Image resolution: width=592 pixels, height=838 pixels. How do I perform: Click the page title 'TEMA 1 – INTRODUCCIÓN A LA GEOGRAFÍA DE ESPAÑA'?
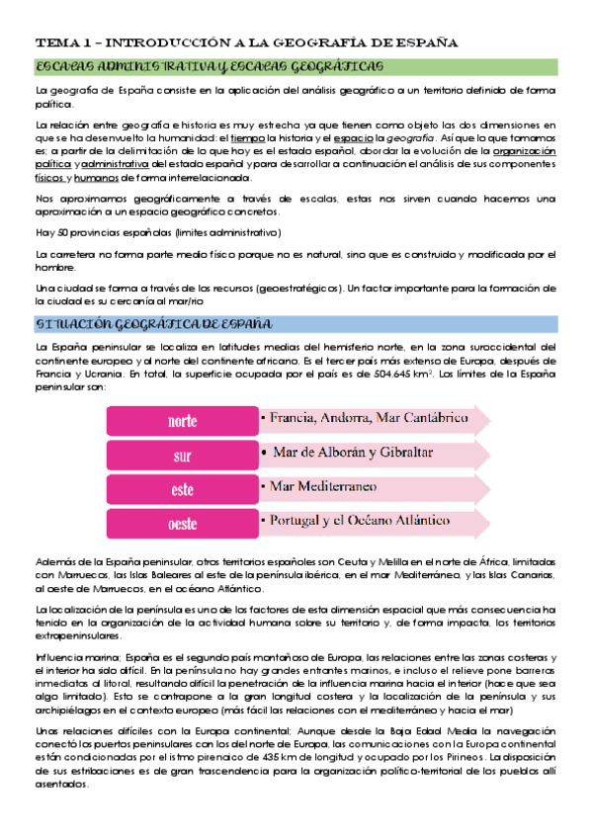pyautogui.click(x=246, y=43)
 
